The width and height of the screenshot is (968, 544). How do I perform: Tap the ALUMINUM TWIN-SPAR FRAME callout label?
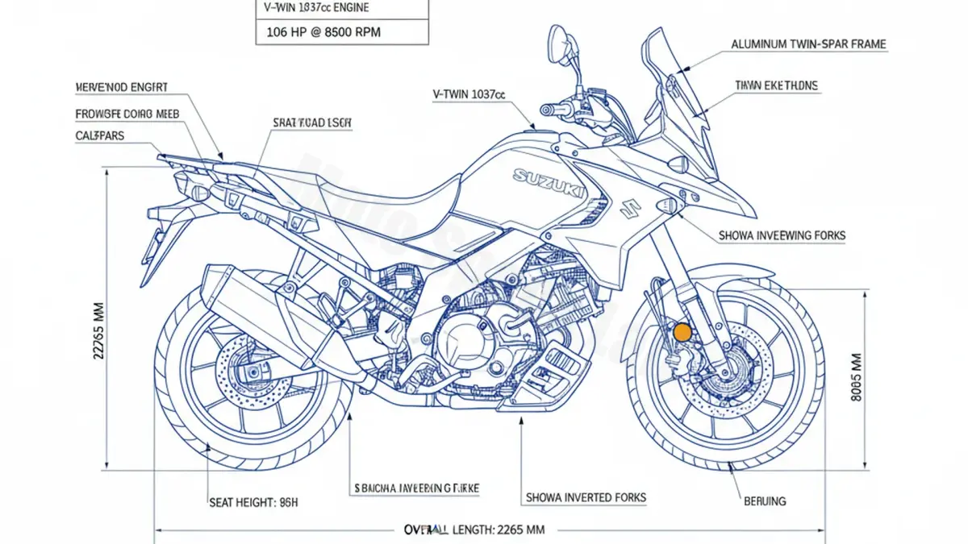click(808, 45)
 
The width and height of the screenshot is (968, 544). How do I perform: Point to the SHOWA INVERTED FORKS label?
click(586, 497)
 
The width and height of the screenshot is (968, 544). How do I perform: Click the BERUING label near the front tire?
click(764, 501)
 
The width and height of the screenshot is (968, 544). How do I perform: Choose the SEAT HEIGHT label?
click(253, 501)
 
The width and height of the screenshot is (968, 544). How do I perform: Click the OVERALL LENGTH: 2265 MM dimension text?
click(474, 529)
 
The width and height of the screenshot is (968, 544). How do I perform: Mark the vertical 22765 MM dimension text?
click(99, 330)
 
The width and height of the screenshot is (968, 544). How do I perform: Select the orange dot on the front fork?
click(682, 332)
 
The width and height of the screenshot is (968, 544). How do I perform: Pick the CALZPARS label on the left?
click(99, 135)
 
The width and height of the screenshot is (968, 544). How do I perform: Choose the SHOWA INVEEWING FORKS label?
click(781, 235)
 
